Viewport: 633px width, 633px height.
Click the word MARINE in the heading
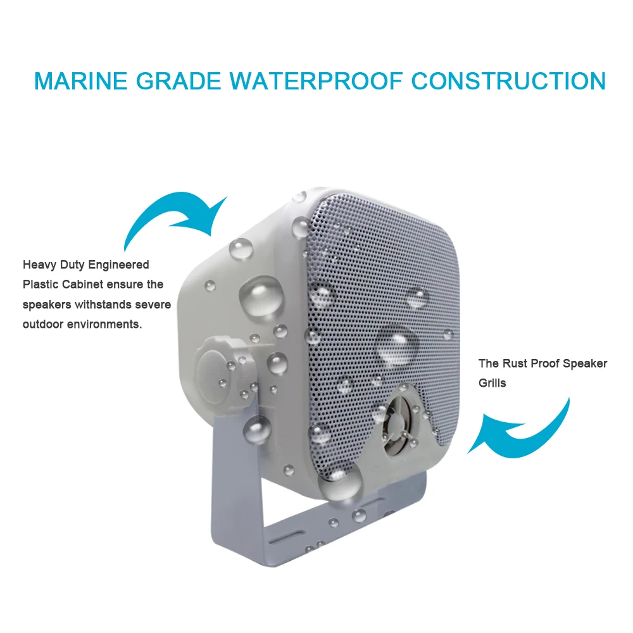79,81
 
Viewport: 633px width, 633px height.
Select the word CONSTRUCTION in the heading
509,81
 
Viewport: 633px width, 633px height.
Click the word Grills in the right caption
492,383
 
